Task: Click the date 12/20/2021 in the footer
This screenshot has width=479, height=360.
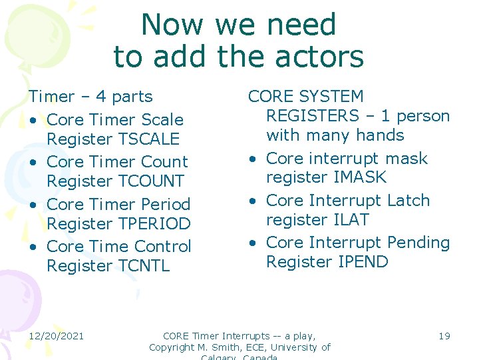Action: tap(57, 335)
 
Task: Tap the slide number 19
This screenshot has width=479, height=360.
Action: tap(444, 335)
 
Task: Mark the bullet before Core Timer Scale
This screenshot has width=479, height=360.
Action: tap(33, 121)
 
